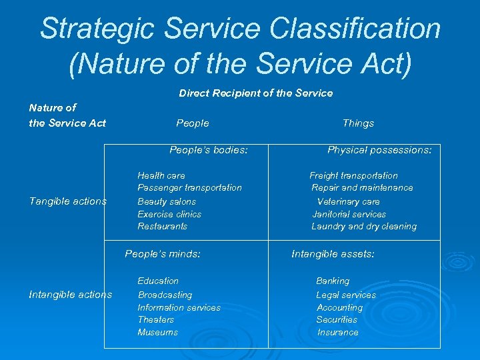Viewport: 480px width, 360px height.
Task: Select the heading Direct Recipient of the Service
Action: coord(255,93)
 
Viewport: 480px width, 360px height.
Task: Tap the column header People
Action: coord(193,123)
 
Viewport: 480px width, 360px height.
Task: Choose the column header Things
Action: coord(358,123)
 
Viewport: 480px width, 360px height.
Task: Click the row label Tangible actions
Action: coord(68,201)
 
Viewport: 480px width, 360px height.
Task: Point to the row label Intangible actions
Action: coord(71,295)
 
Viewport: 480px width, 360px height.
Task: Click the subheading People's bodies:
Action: coord(209,150)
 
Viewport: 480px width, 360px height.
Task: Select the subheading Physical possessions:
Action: coord(379,150)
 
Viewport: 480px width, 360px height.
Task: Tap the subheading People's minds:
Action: coord(163,253)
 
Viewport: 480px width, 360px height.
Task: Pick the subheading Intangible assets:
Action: coord(333,253)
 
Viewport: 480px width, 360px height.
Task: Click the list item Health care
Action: coord(161,175)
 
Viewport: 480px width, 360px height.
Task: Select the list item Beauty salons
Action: coord(167,201)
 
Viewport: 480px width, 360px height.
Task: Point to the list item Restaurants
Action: coord(163,227)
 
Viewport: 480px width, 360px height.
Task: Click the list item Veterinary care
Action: coord(348,201)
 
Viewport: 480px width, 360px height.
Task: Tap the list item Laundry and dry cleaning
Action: coord(364,227)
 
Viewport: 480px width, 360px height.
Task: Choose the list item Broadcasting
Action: coord(165,295)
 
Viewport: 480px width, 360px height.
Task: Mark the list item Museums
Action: coord(158,332)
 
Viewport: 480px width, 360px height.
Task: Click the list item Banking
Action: coord(333,281)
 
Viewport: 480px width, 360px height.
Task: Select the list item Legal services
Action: coord(346,295)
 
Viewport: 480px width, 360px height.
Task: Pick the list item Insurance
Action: coord(338,332)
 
